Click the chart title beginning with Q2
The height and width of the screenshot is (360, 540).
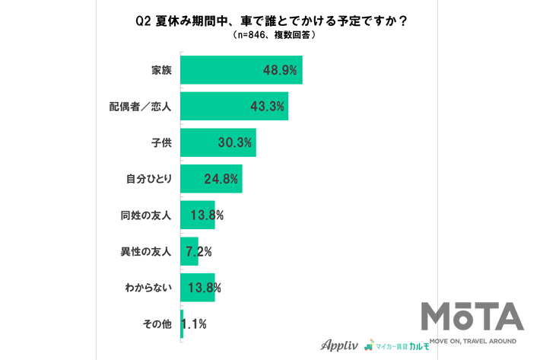(x=271, y=21)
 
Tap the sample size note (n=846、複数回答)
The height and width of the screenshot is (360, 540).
(x=271, y=35)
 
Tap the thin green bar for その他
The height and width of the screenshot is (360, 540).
(x=182, y=323)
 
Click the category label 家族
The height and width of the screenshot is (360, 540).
(x=161, y=70)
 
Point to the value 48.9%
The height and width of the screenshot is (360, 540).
(x=280, y=70)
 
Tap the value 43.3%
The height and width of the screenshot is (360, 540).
(x=267, y=107)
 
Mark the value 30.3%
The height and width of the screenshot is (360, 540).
(x=234, y=142)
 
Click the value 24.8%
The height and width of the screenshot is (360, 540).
(x=221, y=179)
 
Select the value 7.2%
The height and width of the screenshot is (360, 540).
(x=199, y=251)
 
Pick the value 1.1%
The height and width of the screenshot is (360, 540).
(x=195, y=323)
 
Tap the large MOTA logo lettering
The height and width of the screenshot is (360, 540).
(x=472, y=317)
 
